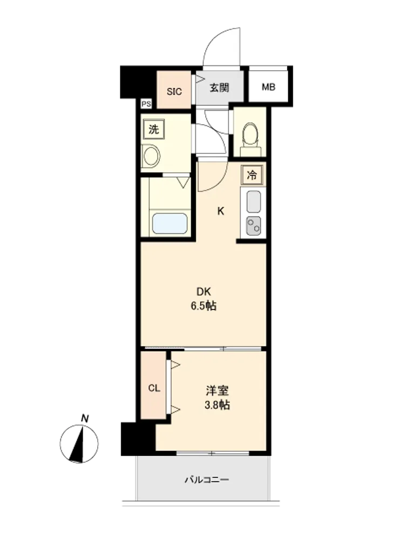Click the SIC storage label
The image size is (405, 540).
pos(174,92)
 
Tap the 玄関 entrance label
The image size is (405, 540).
pos(219,87)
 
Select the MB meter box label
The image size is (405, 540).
pos(268,87)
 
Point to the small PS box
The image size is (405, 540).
pos(146,104)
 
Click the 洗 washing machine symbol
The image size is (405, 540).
pos(153,129)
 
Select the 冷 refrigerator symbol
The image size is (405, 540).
pos(252,175)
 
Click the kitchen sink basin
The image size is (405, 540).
pos(254,201)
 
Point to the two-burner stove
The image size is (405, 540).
pos(253,226)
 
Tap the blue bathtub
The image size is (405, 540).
pos(170,223)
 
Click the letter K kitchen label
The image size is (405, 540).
pos(221,211)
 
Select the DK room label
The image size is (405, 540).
pos(204,292)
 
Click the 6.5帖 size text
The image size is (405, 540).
pos(204,306)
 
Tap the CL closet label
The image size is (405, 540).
pos(154,388)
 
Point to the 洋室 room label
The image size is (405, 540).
pos(217,391)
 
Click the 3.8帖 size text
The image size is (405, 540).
pos(217,405)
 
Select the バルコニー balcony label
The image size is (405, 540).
pos(207,480)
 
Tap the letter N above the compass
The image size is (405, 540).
pos(85,418)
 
